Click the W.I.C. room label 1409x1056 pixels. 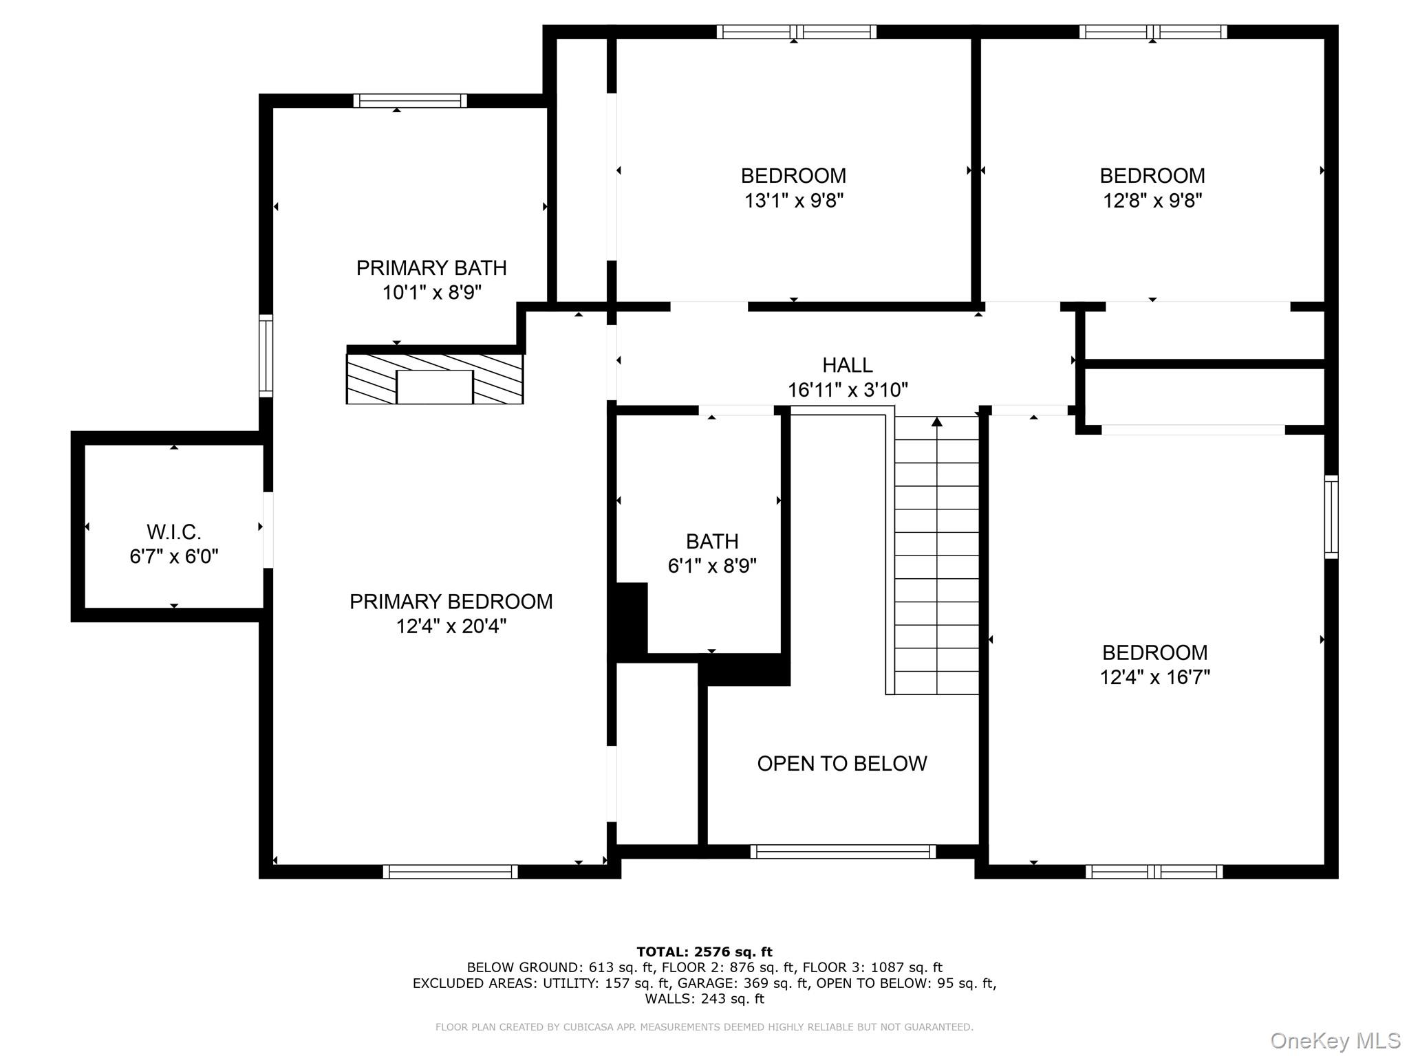pyautogui.click(x=174, y=531)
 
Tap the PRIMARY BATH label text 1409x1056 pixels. pyautogui.click(x=431, y=267)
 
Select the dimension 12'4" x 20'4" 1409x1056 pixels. pyautogui.click(x=451, y=626)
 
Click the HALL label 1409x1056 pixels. pyautogui.click(x=848, y=365)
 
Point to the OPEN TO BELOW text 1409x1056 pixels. pyautogui.click(x=842, y=763)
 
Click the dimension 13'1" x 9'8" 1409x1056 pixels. pyautogui.click(x=794, y=201)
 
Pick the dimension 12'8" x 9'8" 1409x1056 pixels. pyautogui.click(x=1152, y=201)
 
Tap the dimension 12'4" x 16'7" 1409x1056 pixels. pyautogui.click(x=1154, y=677)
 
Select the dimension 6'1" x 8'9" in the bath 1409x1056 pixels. pyautogui.click(x=712, y=566)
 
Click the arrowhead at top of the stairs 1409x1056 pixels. pyautogui.click(x=936, y=421)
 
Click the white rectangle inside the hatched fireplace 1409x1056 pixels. pyautogui.click(x=435, y=387)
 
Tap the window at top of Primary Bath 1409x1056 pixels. pyautogui.click(x=410, y=101)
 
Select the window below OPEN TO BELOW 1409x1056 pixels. pyautogui.click(x=843, y=851)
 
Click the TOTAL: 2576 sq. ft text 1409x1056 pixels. pyautogui.click(x=704, y=951)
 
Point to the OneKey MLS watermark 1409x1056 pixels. pyautogui.click(x=1335, y=1041)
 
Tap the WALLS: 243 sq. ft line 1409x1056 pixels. pyautogui.click(x=704, y=999)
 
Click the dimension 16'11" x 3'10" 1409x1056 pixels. pyautogui.click(x=848, y=390)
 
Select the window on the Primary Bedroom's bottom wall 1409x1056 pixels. pyautogui.click(x=450, y=872)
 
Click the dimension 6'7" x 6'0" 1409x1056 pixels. pyautogui.click(x=174, y=556)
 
